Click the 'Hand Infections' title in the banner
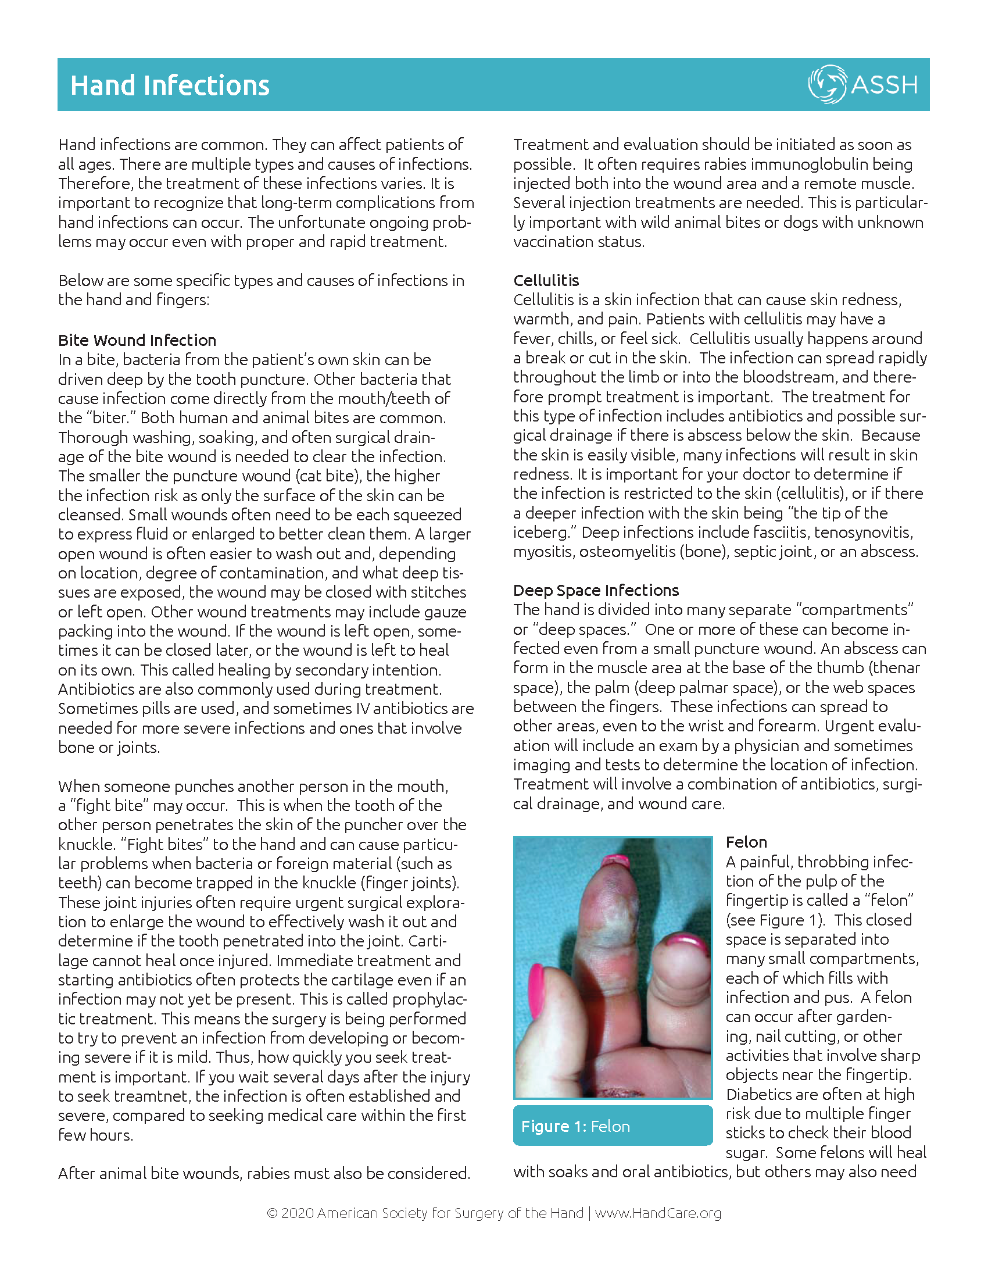[170, 85]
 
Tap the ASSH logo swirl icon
[826, 84]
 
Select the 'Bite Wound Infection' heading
[137, 340]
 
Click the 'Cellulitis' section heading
[546, 280]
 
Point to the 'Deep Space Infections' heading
[596, 590]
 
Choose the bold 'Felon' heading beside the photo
[746, 842]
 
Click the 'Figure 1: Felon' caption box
[612, 1126]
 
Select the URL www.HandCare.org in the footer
[658, 1213]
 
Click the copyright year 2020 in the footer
[298, 1213]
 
